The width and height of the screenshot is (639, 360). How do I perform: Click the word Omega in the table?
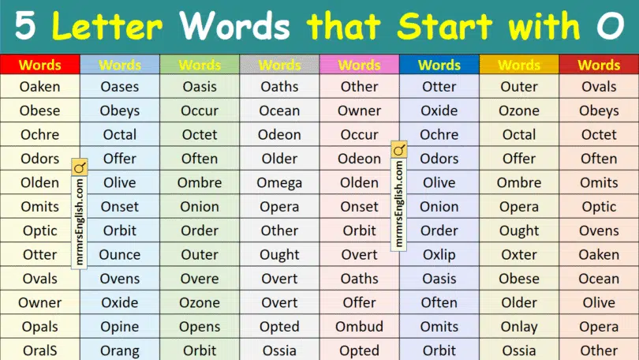pos(279,183)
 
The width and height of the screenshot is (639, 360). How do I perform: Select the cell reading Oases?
pos(120,86)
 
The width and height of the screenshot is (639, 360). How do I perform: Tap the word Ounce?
pos(120,255)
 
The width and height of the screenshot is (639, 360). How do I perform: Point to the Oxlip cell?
pos(439,255)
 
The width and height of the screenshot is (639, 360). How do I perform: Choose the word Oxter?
pos(519,255)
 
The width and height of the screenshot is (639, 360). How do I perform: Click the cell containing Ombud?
pos(359,327)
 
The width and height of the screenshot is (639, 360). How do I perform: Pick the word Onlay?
pos(519,327)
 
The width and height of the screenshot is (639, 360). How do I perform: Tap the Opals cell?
pos(40,327)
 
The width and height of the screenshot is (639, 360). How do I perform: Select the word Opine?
pos(120,327)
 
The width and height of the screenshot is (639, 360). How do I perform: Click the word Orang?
pos(120,351)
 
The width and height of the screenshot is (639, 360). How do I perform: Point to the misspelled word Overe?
pos(200,279)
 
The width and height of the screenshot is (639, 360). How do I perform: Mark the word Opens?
pos(200,327)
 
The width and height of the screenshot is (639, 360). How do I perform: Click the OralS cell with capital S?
pos(40,351)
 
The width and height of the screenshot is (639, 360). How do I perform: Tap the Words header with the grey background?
pos(279,65)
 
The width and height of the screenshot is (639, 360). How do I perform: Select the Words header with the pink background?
pos(359,65)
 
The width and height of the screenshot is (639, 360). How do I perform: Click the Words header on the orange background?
pos(519,65)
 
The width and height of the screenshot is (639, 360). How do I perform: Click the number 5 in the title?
pos(25,26)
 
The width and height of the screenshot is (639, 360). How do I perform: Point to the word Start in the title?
pos(445,26)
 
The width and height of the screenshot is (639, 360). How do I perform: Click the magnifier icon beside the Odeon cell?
pos(399,150)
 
